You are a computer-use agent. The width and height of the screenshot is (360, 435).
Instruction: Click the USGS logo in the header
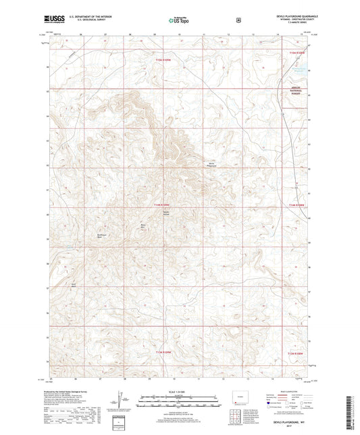(x=53, y=20)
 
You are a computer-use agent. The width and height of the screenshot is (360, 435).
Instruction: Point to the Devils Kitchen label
(x=165, y=213)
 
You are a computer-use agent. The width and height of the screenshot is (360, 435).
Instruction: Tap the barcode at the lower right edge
(x=353, y=405)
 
